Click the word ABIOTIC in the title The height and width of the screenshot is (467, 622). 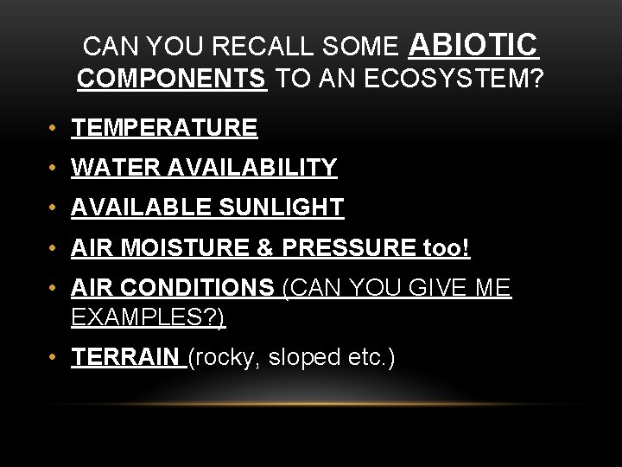click(x=473, y=44)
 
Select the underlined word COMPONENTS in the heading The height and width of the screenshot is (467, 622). click(x=171, y=80)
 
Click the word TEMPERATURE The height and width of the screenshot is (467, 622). click(x=164, y=128)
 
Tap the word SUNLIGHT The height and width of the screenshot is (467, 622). click(x=282, y=208)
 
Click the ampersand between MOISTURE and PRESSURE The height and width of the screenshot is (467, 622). click(x=265, y=248)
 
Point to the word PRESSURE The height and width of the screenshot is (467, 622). click(x=349, y=248)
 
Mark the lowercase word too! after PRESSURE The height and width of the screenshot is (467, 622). click(x=447, y=248)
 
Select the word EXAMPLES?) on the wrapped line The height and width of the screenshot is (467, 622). click(x=148, y=317)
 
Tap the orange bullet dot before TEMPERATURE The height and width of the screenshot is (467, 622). click(x=54, y=129)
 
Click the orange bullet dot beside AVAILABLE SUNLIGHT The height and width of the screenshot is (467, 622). click(x=54, y=208)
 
